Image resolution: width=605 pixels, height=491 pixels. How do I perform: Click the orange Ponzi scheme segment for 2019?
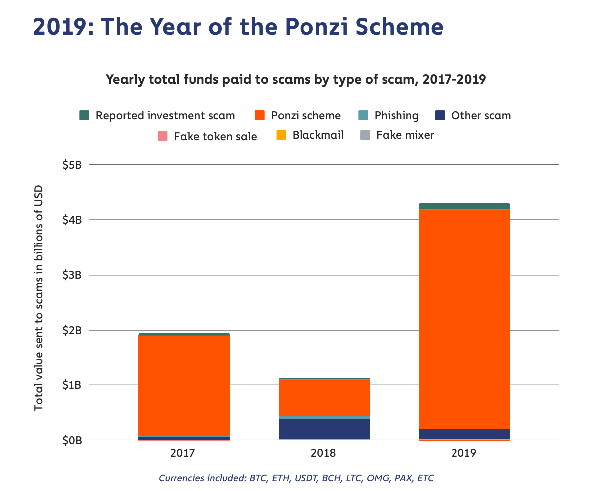pos(464,319)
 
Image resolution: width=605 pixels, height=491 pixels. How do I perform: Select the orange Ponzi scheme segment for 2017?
pos(184,385)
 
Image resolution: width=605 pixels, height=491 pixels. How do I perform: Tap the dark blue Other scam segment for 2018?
pos(324,429)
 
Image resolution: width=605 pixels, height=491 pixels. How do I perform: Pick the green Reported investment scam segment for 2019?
pos(464,206)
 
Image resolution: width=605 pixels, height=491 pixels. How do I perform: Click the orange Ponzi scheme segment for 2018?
pos(324,397)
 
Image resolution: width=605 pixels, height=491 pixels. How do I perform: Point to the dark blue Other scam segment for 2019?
pos(464,434)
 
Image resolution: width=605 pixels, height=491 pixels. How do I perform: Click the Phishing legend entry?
pos(396,116)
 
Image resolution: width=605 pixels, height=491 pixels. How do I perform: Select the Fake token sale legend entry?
pos(215,136)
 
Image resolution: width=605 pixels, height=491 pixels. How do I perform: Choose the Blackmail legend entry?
pos(318,135)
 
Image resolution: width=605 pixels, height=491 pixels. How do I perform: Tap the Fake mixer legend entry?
pos(405,135)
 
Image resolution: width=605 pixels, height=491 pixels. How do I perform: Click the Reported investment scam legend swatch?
pos(84,116)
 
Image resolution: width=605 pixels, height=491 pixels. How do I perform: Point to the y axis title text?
pos(38,298)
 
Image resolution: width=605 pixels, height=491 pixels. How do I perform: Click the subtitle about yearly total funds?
pos(296,79)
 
